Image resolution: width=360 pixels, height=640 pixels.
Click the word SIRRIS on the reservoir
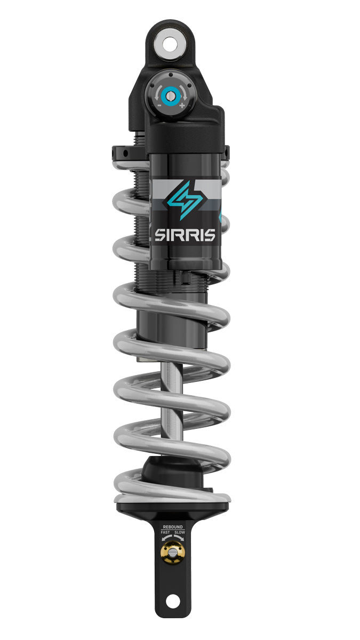tap(185, 235)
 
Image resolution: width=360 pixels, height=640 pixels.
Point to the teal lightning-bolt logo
tap(185, 200)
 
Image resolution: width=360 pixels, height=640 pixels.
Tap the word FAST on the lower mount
tap(165, 533)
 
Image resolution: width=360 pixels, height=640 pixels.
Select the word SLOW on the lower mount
tap(180, 533)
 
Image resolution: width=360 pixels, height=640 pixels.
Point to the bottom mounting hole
tap(172, 601)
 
